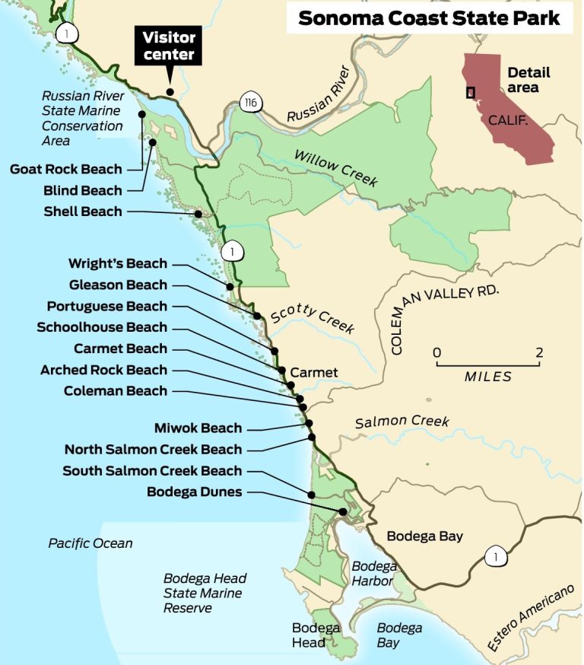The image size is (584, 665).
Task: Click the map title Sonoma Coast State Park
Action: (428, 19)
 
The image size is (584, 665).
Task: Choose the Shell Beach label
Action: (83, 212)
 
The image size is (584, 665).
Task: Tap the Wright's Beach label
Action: (117, 264)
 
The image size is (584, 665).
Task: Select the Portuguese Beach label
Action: (106, 306)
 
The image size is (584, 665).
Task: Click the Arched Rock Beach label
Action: (103, 370)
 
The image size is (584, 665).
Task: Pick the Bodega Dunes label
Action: (194, 492)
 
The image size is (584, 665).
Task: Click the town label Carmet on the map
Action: (313, 373)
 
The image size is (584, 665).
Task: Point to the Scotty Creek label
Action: (313, 320)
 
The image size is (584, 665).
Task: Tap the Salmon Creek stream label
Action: (402, 422)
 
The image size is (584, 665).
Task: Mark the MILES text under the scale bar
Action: (487, 377)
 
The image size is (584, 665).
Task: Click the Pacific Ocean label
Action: (90, 543)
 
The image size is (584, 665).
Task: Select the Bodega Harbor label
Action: (373, 574)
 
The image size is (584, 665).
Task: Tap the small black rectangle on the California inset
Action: (471, 92)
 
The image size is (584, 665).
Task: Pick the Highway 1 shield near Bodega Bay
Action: (495, 558)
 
